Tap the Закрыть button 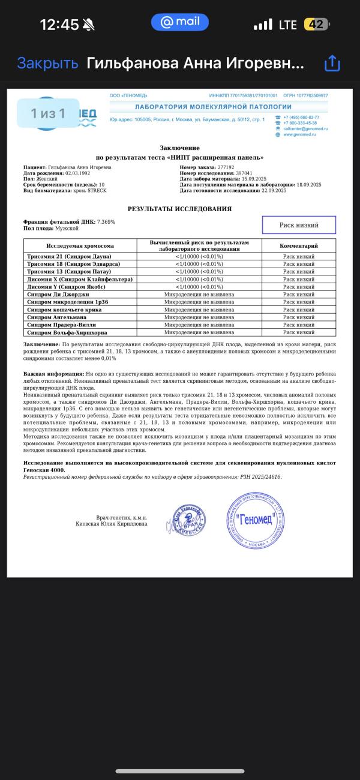click(x=47, y=63)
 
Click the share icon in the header click(x=332, y=64)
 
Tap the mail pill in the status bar click(x=179, y=22)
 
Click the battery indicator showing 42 click(x=317, y=25)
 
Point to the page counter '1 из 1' click(x=48, y=113)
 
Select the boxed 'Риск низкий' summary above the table click(x=299, y=225)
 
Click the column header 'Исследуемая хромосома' click(x=80, y=245)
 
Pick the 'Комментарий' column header click(x=299, y=245)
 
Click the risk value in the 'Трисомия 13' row click(x=199, y=272)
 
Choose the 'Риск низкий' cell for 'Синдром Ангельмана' click(x=299, y=317)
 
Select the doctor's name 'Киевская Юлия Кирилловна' click(x=111, y=524)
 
